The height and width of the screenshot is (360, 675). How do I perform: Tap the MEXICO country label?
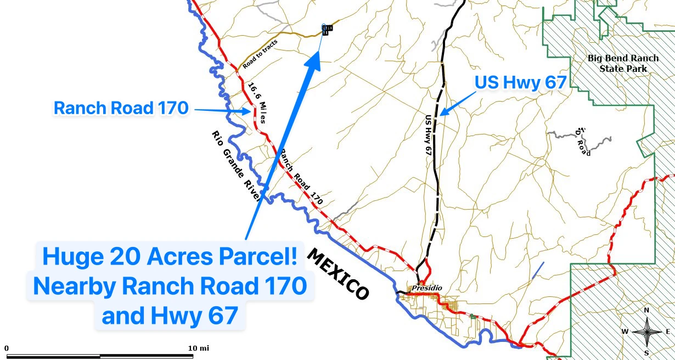point(337,274)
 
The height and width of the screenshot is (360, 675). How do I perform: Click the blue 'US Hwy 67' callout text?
point(520,83)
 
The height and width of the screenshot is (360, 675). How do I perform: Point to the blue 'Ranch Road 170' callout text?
point(121,108)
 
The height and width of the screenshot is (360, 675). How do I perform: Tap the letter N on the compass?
point(646,311)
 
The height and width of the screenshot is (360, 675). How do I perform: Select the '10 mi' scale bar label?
point(198,348)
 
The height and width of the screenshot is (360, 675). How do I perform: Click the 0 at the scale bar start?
point(7,348)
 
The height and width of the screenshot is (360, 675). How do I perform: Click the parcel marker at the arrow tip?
point(325,30)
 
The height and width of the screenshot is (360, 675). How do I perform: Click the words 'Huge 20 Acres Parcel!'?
point(170,257)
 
